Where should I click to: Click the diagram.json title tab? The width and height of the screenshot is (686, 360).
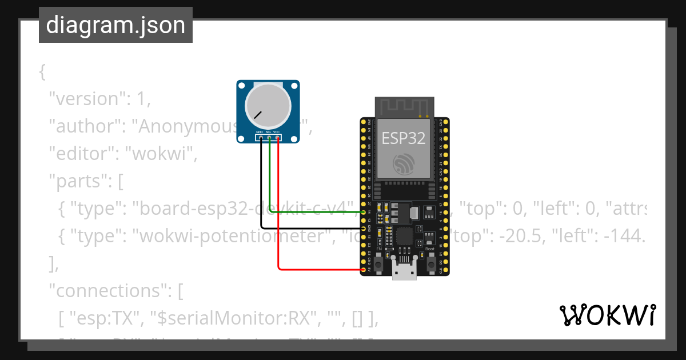115,25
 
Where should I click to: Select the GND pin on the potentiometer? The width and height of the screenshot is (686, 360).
260,137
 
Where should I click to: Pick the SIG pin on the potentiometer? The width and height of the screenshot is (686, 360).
268,137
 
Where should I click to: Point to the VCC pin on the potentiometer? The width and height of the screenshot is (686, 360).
277,137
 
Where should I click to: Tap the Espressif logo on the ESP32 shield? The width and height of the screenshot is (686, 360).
404,165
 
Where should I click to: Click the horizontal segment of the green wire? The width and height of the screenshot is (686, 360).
314,212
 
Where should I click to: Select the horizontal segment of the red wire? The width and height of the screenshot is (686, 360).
320,269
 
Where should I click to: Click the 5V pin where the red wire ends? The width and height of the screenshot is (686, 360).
364,269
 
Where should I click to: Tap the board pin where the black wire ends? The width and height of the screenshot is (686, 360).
364,228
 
